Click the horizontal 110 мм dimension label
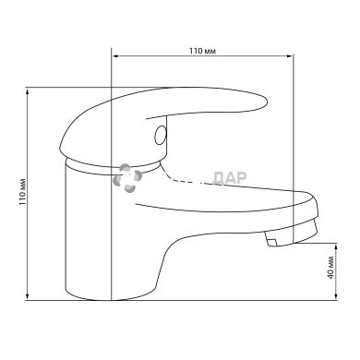click(x=202, y=51)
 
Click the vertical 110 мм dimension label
click(x=23, y=192)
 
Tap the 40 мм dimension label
click(x=330, y=267)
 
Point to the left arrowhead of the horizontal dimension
click(x=115, y=56)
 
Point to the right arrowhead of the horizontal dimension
click(x=289, y=56)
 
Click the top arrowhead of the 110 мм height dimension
click(x=28, y=91)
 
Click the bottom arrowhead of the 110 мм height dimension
click(x=28, y=296)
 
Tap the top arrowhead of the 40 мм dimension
click(x=337, y=246)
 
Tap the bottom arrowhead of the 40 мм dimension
click(x=337, y=296)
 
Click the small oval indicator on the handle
click(x=161, y=136)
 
